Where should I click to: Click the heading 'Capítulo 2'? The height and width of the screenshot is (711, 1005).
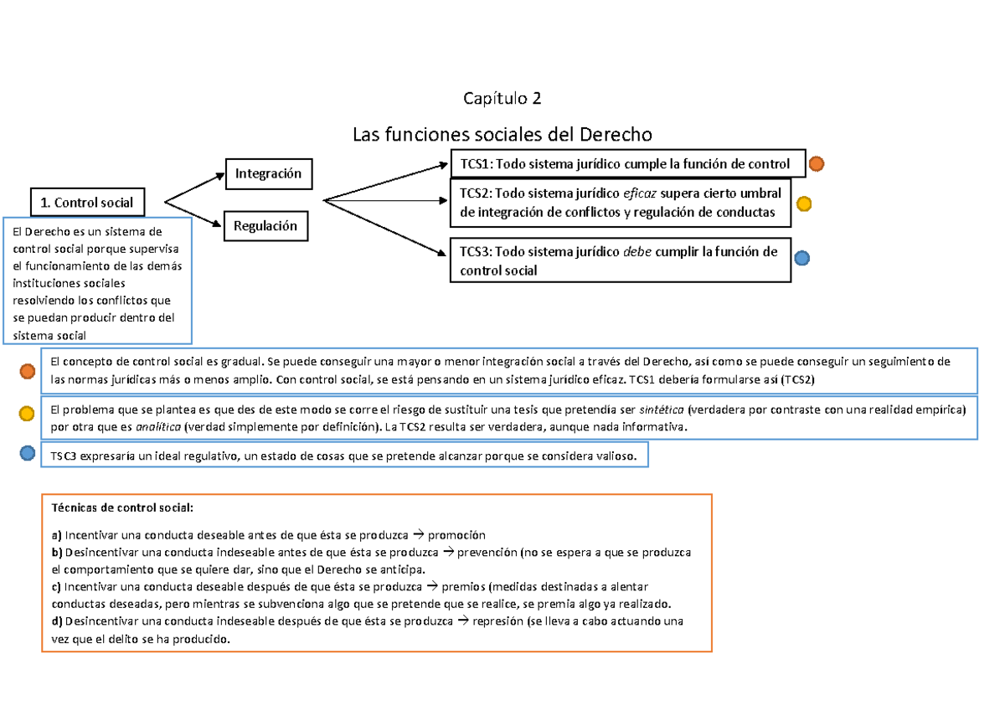click(x=502, y=99)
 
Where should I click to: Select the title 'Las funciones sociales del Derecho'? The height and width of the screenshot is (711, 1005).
click(x=502, y=135)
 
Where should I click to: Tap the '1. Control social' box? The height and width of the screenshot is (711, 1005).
click(x=87, y=202)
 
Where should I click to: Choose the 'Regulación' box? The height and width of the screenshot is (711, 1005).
click(x=265, y=226)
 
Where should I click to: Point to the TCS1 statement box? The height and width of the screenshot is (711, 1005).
click(x=627, y=163)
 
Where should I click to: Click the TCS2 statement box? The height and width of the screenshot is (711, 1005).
click(x=621, y=203)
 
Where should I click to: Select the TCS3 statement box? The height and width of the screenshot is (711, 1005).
click(x=621, y=261)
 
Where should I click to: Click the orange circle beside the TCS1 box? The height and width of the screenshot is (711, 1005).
click(x=817, y=164)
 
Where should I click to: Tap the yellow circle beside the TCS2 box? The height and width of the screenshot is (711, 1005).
click(x=803, y=204)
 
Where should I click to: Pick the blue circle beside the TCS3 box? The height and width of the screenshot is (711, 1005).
click(x=801, y=259)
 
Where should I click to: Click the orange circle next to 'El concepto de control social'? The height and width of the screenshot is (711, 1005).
click(x=28, y=371)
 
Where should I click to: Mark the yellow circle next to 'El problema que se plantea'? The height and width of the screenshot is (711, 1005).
click(x=28, y=412)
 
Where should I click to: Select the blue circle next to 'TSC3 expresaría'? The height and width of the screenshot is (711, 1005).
click(x=28, y=453)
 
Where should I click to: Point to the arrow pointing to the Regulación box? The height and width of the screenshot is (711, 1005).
click(x=196, y=214)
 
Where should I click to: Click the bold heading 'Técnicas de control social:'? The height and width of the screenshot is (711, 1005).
click(x=122, y=507)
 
